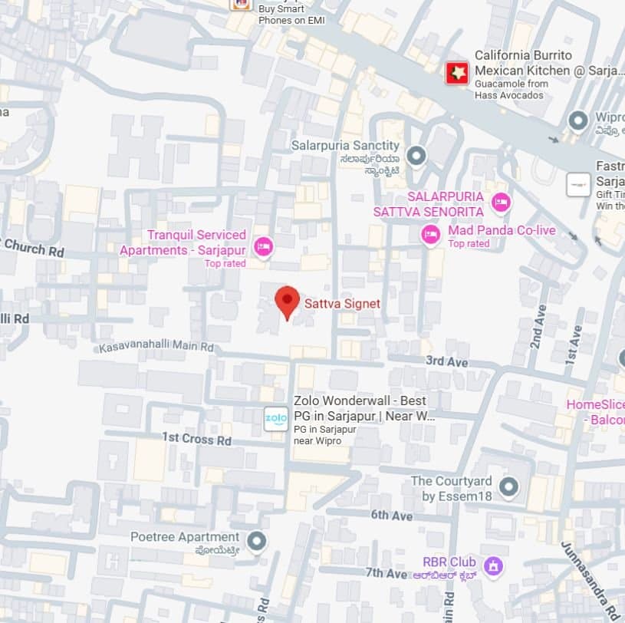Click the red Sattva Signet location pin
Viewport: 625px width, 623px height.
287,301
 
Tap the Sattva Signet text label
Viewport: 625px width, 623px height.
342,304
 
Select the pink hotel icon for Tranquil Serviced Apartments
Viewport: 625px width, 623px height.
264,246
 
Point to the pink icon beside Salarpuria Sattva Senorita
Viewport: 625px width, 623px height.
501,203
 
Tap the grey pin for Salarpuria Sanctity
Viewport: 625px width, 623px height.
416,157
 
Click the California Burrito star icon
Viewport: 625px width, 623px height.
457,73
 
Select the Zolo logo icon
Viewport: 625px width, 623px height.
276,419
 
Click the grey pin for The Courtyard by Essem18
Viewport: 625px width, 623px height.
508,486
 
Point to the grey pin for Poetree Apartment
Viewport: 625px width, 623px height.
257,542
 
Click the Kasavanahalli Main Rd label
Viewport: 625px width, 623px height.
156,348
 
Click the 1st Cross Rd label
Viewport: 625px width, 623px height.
196,440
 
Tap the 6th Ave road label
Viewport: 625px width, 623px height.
391,516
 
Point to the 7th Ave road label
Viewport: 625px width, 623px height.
386,573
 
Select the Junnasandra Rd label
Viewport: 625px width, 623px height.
590,582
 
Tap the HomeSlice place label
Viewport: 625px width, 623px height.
595,404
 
